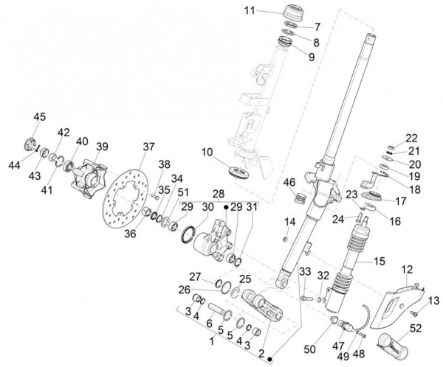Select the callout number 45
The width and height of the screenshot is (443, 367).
(38, 116)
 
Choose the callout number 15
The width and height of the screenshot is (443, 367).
(380, 261)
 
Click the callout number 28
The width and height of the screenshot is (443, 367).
(219, 193)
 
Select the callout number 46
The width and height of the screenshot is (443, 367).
(289, 181)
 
